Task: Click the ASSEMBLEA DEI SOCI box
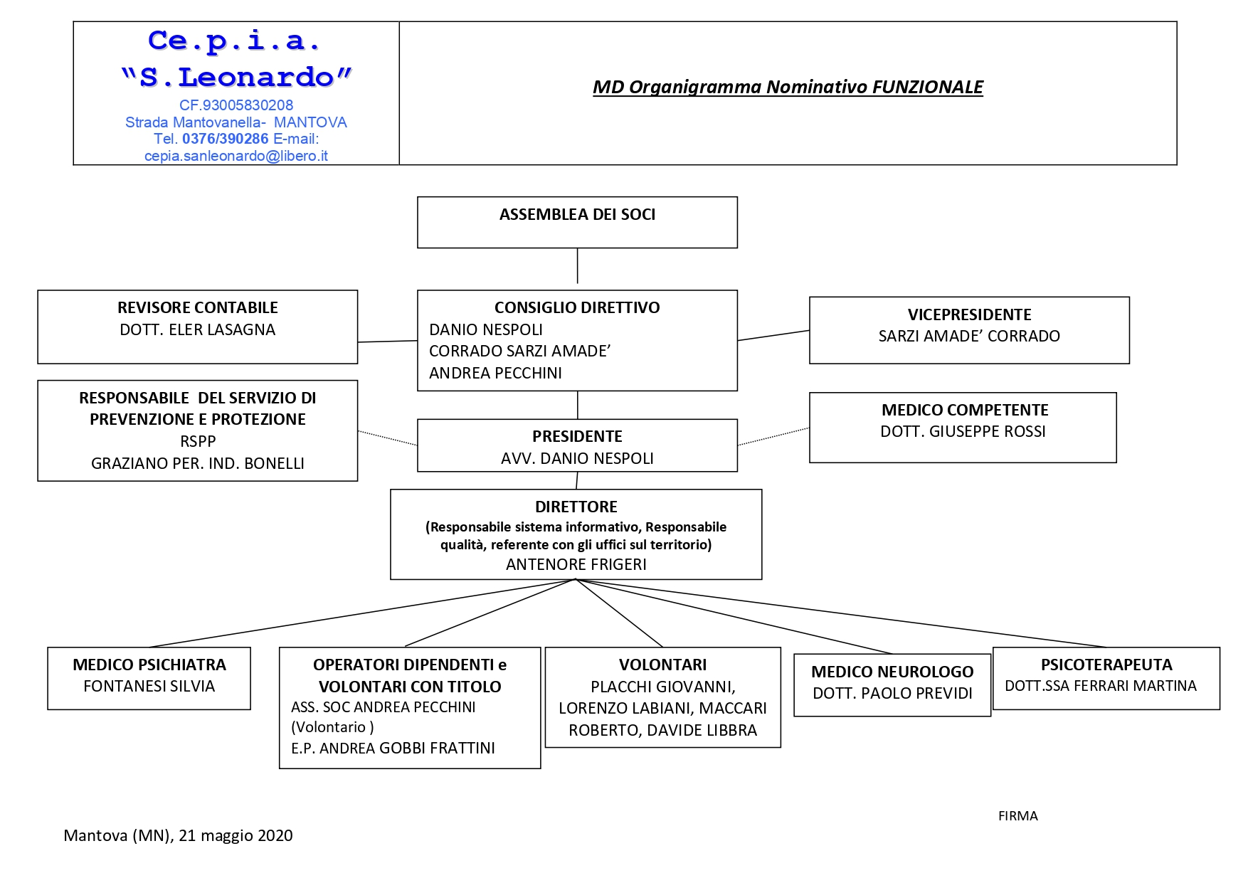[x=577, y=223]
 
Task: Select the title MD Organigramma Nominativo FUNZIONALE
[x=788, y=88]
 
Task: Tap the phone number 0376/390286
[x=226, y=139]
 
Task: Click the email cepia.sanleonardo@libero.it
[x=236, y=156]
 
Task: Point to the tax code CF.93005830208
[x=236, y=105]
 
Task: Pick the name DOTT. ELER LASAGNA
[x=198, y=329]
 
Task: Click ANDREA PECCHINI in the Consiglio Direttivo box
[x=495, y=373]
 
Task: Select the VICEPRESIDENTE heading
[x=969, y=314]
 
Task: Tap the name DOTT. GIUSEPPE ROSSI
[x=963, y=431]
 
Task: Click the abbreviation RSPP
[x=198, y=441]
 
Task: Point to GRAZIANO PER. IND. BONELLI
[x=198, y=463]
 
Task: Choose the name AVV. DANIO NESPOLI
[x=577, y=458]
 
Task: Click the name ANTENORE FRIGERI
[x=576, y=564]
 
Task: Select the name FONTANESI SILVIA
[x=149, y=686]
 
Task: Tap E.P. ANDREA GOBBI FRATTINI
[x=393, y=748]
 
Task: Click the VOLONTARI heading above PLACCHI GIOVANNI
[x=663, y=665]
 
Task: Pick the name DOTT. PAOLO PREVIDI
[x=892, y=693]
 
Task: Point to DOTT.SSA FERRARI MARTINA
[x=1101, y=686]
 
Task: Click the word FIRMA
[x=1018, y=816]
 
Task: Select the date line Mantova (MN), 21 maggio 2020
[x=178, y=835]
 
